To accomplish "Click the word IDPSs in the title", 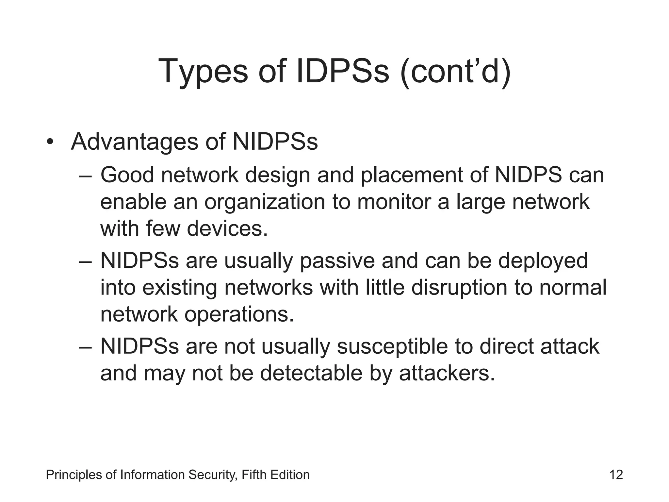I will tap(343, 71).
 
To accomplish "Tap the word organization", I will tap(265, 203).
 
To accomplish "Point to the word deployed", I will tap(543, 262).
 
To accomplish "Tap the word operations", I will tap(239, 315).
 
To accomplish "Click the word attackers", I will tap(447, 373).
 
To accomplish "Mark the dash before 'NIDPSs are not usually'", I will tap(86, 347).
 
